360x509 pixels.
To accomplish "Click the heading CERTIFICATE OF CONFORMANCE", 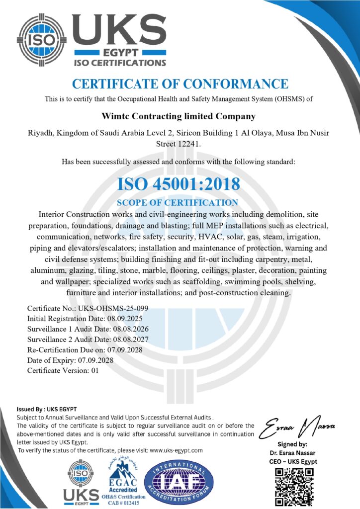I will [x=180, y=84].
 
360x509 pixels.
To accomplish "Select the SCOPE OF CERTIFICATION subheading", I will [x=177, y=203].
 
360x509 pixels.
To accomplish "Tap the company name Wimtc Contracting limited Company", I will [x=179, y=116].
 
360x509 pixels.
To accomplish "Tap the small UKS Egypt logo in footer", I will [x=80, y=481].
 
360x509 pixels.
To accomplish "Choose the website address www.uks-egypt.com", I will [x=176, y=450].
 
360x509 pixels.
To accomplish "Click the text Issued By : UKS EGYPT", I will [x=47, y=409].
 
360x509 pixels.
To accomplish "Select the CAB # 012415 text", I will [x=124, y=502].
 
